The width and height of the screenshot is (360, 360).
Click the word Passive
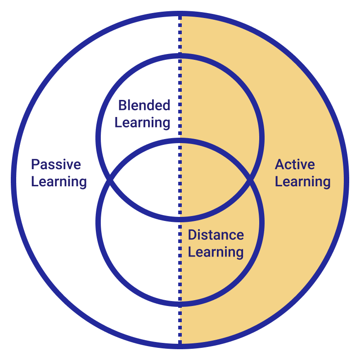tap(56, 165)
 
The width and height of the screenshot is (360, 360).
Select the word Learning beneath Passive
tap(59, 182)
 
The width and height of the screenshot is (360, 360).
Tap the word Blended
tap(144, 106)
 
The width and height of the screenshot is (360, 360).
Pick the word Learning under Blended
tap(142, 122)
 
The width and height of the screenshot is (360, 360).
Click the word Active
tap(295, 165)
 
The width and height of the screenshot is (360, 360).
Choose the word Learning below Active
tap(302, 182)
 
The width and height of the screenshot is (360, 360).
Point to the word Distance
tap(216, 235)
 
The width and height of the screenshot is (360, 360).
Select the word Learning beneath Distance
tap(216, 252)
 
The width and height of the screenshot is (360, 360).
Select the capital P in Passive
tap(35, 165)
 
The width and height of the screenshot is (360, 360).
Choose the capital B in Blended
tap(121, 106)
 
